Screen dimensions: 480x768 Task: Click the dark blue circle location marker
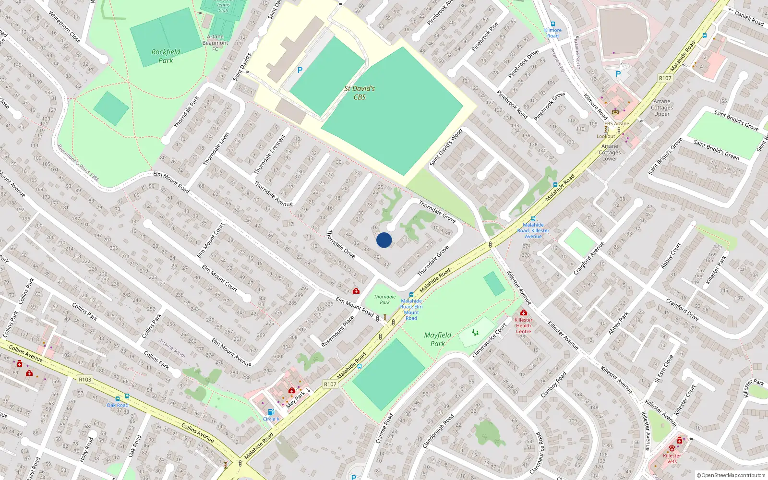coord(384,240)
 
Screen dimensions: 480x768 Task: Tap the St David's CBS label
coord(360,93)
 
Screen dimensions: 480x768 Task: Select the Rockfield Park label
coord(166,56)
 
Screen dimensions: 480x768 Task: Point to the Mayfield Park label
coord(438,339)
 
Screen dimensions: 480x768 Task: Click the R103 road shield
coord(85,380)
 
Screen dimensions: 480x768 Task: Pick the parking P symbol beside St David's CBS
coord(300,70)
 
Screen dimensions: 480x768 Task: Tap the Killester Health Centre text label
coord(523,325)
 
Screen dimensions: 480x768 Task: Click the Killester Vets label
coord(672,458)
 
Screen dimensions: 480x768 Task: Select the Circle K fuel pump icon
coord(271,412)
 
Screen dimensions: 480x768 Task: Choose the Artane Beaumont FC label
coord(215,43)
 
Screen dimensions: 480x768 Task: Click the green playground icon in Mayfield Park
coord(475,332)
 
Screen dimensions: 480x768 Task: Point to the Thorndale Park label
coord(385,300)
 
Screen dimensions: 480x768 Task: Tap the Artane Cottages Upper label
coord(662,108)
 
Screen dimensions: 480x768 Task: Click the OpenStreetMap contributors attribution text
coord(731,475)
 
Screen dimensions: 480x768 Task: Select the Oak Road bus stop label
coord(117,405)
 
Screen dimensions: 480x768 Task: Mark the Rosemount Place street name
coord(337,331)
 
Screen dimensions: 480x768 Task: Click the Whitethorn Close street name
coord(64,27)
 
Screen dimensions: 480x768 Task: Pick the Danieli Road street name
coord(749,18)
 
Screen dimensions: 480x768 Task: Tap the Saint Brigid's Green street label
coord(716,150)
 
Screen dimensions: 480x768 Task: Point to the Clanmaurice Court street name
coord(490,340)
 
